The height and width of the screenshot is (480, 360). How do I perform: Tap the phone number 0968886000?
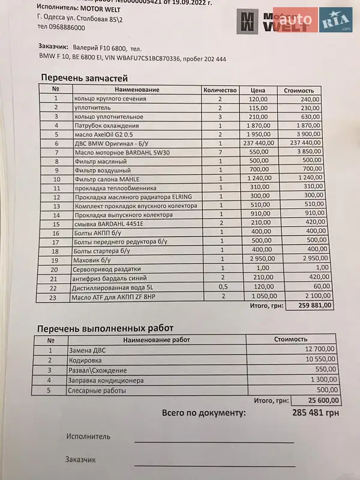click(x=60, y=27)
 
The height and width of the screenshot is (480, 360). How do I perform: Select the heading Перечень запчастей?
click(x=84, y=77)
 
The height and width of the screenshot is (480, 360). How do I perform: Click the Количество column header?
click(x=221, y=89)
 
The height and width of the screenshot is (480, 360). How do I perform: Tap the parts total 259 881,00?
click(x=311, y=305)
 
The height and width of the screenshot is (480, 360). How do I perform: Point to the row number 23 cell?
click(x=56, y=296)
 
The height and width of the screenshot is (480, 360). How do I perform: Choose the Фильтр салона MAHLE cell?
click(x=105, y=179)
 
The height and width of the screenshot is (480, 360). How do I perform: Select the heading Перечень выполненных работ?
click(x=106, y=328)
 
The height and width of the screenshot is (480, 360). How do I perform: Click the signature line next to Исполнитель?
click(x=214, y=441)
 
